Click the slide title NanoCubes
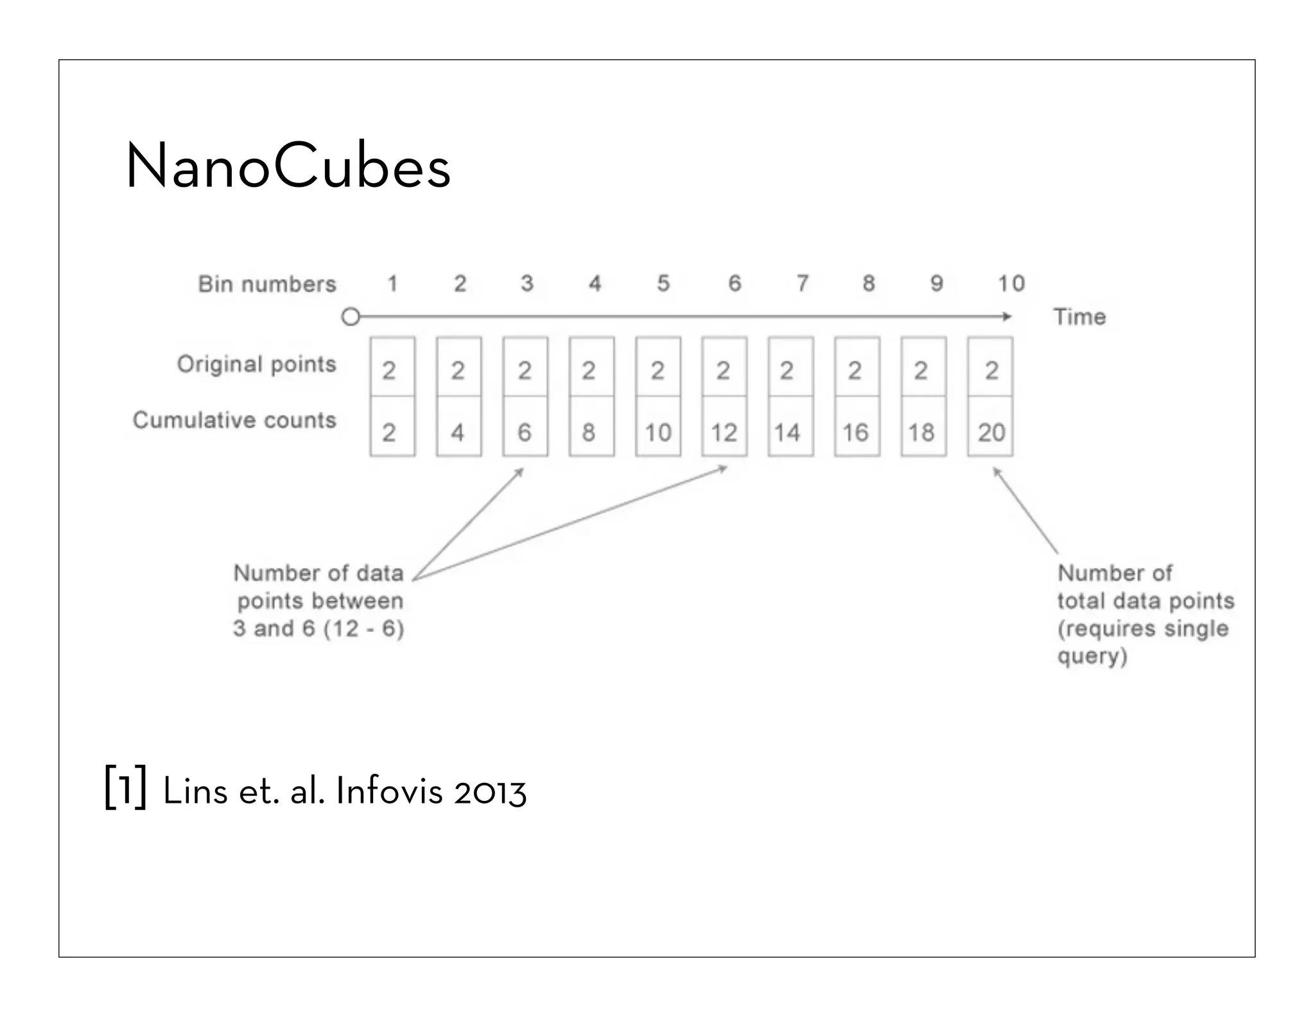[x=288, y=166]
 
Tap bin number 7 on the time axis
[x=802, y=283]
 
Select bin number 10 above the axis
[x=1011, y=283]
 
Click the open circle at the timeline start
[x=351, y=317]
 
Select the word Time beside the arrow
[x=1079, y=317]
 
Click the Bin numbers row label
[x=267, y=284]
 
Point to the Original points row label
[x=257, y=364]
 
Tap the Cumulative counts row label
[x=234, y=420]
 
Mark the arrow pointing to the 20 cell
[x=1025, y=511]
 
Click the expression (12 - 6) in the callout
[x=363, y=628]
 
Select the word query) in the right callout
[x=1092, y=656]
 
